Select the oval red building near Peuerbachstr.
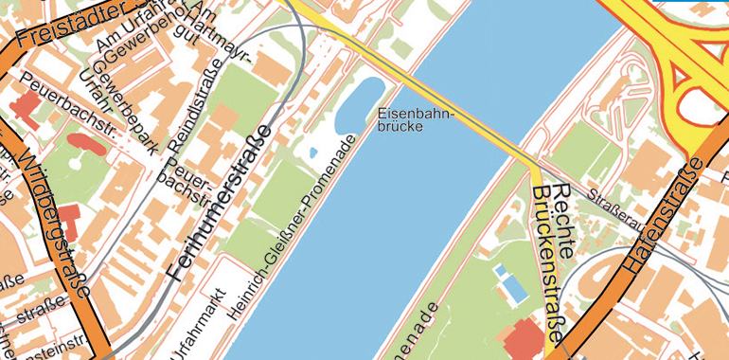click(x=86, y=144)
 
